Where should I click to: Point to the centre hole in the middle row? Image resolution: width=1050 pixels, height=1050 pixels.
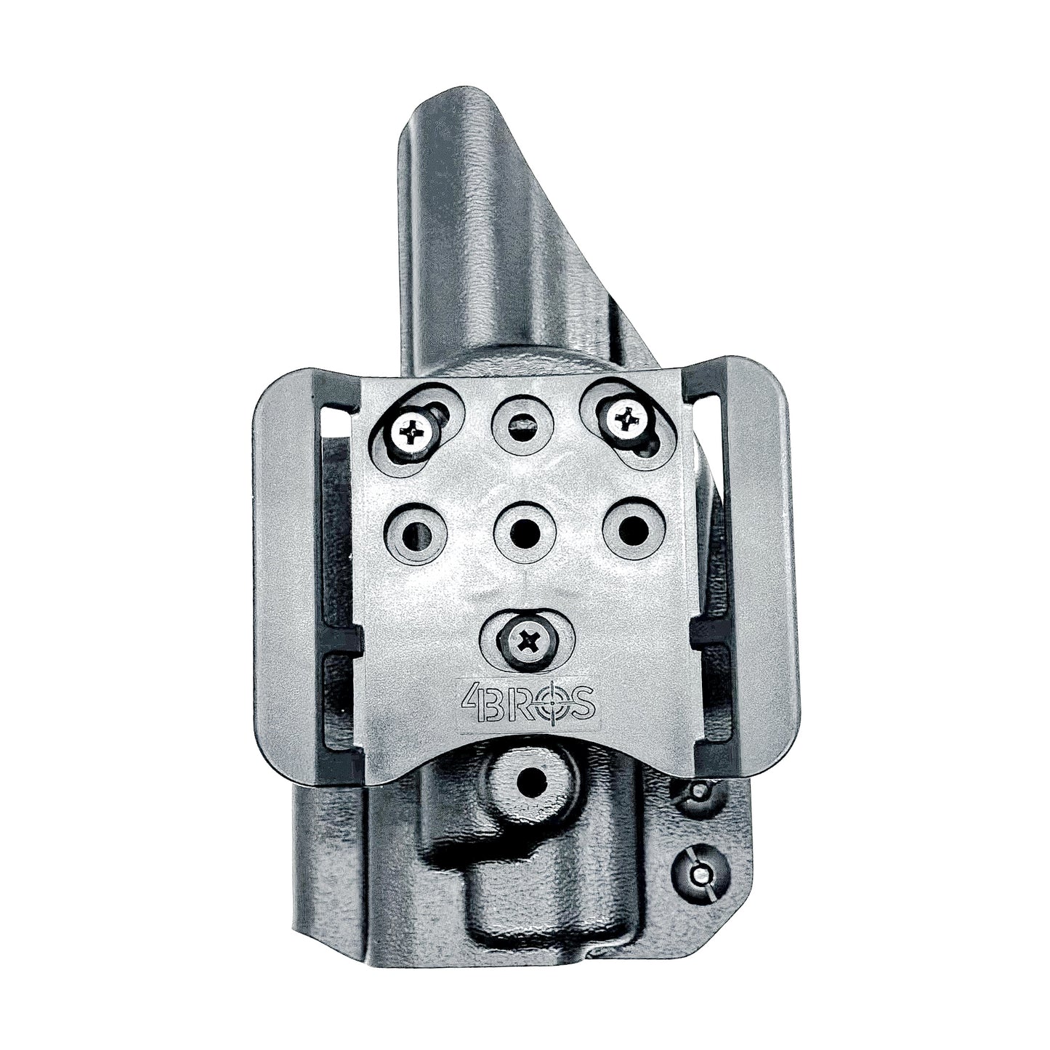click(x=524, y=528)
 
